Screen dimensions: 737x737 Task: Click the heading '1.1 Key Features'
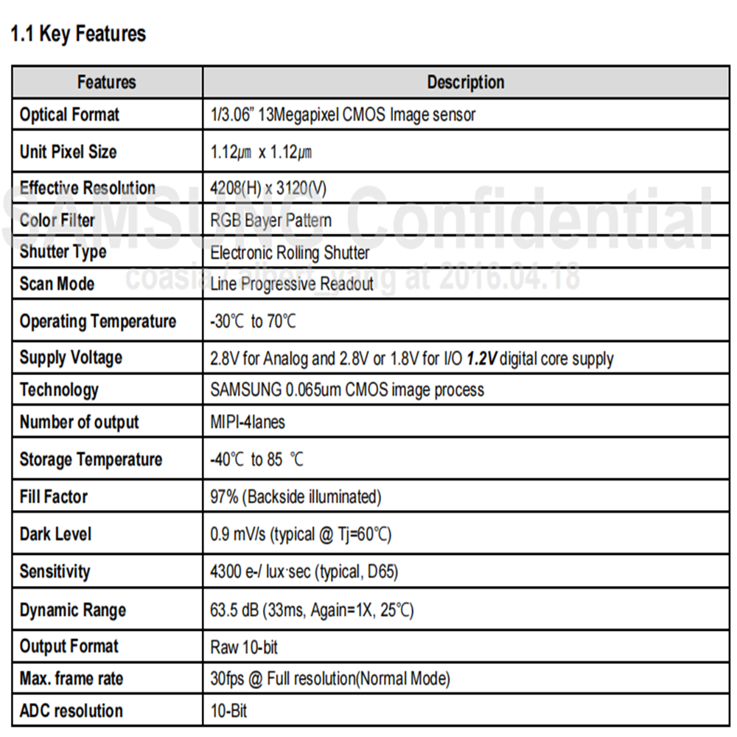coord(78,34)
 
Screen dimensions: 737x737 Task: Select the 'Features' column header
coord(107,82)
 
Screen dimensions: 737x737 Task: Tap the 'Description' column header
coord(466,82)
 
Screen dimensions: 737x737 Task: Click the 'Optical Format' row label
coord(69,115)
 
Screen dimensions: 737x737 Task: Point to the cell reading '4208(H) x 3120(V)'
coord(268,188)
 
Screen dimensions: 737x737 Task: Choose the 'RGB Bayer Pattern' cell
coord(270,220)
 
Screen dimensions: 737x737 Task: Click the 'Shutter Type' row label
coord(63,252)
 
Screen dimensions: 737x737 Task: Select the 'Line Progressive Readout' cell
coord(292,284)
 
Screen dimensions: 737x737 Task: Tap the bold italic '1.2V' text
coord(483,359)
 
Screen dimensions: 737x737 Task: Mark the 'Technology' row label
coord(59,390)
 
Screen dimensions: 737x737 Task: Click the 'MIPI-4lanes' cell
coord(248,422)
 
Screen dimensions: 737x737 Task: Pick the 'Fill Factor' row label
coord(54,497)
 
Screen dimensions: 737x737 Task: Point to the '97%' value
coord(224,497)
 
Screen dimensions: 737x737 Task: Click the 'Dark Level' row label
coord(56,534)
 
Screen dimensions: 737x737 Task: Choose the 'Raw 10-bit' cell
coord(244,647)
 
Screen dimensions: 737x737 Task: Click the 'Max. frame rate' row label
coord(71,679)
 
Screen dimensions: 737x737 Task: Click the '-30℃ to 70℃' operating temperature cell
coord(255,321)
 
